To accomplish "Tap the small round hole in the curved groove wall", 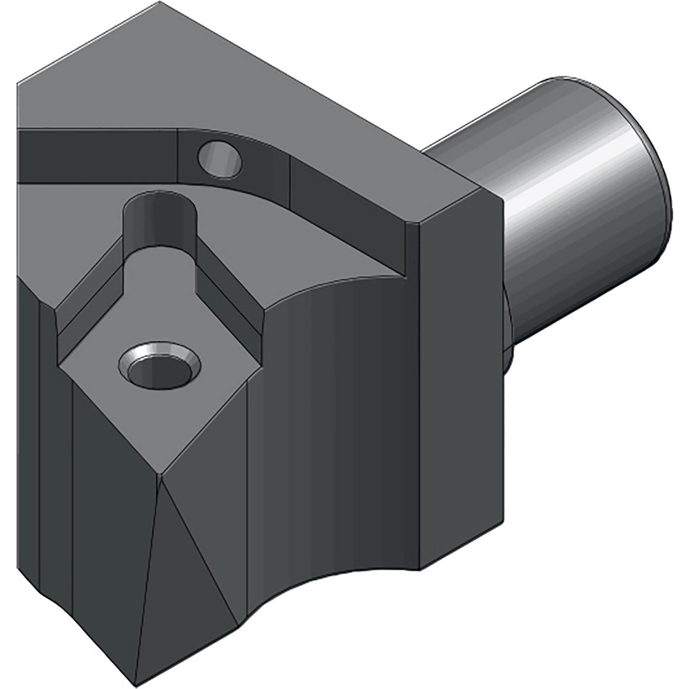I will pos(220,159).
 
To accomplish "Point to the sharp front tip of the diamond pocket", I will pos(159,473).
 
